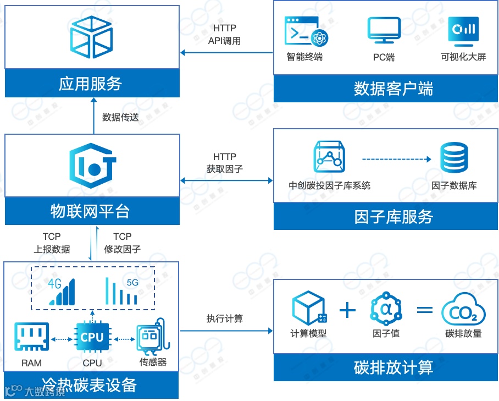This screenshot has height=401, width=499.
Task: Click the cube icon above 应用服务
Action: tap(92, 36)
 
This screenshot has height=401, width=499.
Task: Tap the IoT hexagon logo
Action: tap(93, 163)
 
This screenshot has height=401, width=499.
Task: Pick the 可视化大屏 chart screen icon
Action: tap(463, 31)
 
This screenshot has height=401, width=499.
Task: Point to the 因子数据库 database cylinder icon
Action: tap(454, 159)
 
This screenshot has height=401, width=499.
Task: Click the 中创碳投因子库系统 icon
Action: tap(329, 158)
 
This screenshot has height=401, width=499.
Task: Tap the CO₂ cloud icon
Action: tap(463, 311)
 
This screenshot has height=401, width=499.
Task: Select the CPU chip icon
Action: tap(92, 337)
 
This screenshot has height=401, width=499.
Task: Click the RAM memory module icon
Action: tap(31, 337)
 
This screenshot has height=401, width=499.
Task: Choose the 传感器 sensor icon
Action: tap(151, 337)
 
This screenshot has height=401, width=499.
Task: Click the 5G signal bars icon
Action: tap(122, 291)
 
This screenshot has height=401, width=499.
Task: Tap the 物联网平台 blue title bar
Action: tap(92, 211)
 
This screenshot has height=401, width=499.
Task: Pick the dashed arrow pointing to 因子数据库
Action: tap(396, 160)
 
